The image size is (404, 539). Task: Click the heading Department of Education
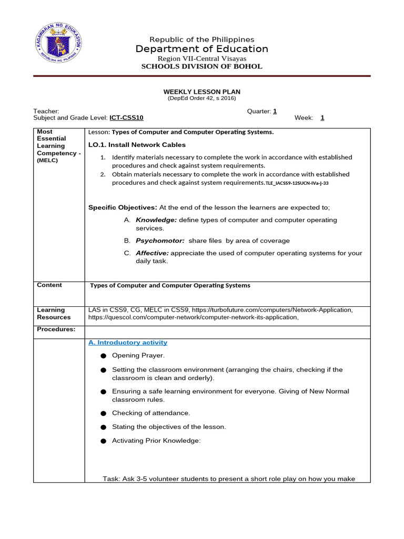pos(202,49)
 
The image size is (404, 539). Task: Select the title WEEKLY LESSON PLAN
pos(202,92)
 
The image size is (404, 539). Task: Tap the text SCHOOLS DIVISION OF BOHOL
pos(202,67)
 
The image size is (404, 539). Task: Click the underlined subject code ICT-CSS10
pos(126,118)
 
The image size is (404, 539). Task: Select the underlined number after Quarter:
pos(275,111)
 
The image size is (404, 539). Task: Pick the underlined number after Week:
pos(322,118)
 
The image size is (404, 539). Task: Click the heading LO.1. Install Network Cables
pos(137,145)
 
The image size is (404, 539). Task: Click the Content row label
pos(49,285)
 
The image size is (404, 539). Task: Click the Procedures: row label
pos(56,330)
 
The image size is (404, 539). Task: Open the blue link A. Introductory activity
pos(128,343)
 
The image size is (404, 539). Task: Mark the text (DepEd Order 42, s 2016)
pos(202,98)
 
